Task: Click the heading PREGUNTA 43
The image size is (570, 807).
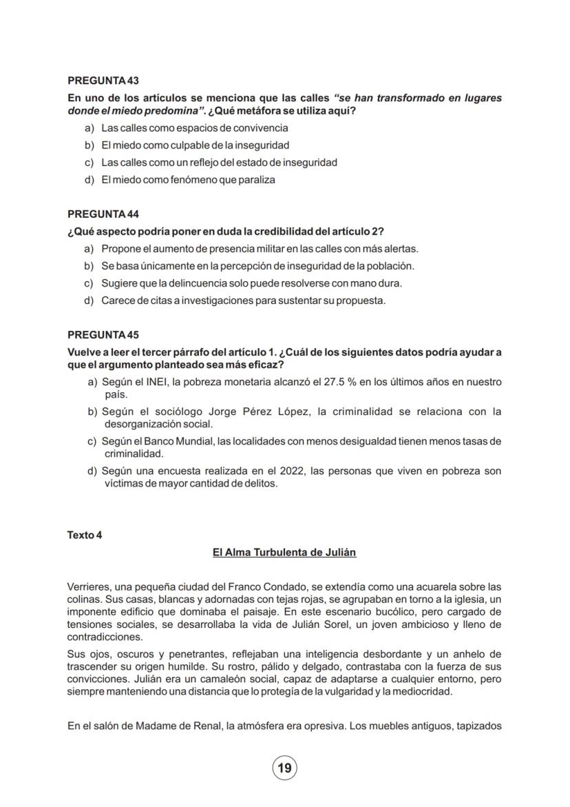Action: (103, 81)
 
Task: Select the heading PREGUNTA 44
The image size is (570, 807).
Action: (103, 214)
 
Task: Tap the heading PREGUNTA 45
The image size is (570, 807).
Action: (103, 335)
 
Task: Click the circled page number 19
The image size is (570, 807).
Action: (284, 768)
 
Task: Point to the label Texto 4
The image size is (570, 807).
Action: (85, 535)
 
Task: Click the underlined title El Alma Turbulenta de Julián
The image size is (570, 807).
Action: (284, 553)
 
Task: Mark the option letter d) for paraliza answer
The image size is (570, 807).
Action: (89, 180)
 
